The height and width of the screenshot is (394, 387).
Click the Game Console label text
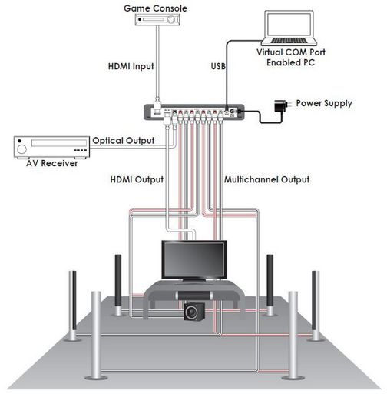click(x=155, y=8)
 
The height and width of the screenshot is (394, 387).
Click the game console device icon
click(x=157, y=19)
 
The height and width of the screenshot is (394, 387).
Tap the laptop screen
click(x=289, y=25)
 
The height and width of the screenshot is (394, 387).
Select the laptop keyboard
click(x=289, y=41)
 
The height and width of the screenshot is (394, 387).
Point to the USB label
click(x=218, y=66)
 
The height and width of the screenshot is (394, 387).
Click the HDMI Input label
click(x=131, y=66)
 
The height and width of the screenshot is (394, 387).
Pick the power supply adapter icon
click(x=282, y=105)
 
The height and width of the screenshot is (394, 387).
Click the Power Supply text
click(x=324, y=103)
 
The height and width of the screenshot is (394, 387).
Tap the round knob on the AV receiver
click(x=21, y=149)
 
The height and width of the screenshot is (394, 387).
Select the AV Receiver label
click(x=52, y=163)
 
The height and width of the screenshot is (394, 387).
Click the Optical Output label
click(x=124, y=141)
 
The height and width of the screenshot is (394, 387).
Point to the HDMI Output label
click(x=137, y=179)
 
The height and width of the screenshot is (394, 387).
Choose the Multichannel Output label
click(x=267, y=179)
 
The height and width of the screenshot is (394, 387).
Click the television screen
click(x=194, y=260)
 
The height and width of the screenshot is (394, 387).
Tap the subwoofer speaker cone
click(x=191, y=312)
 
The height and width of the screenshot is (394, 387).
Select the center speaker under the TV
click(x=193, y=295)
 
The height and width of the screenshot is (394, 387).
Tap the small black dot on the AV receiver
click(x=20, y=141)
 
